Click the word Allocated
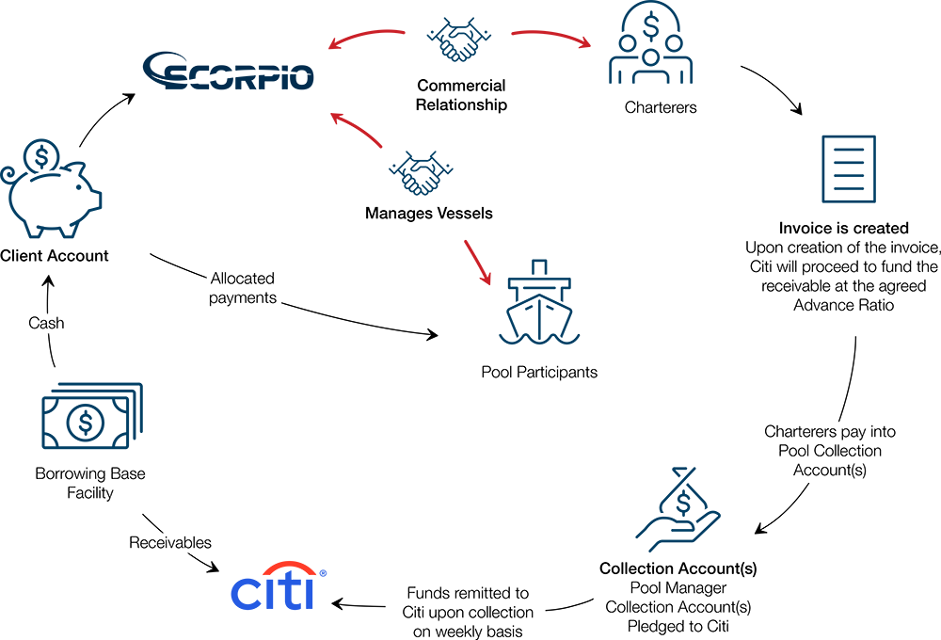243,279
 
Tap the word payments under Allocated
243,298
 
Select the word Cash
45,323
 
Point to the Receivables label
170,543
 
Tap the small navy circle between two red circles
458,35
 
